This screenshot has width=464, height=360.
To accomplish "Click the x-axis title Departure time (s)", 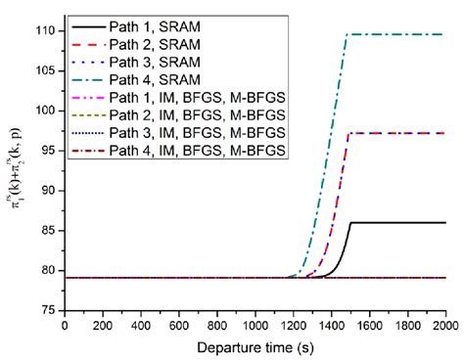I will (x=255, y=346).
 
